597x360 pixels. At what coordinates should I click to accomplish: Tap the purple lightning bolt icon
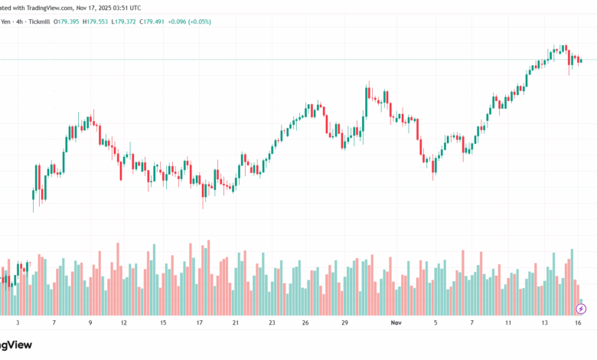click(581, 309)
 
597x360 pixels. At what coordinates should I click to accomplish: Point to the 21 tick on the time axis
click(235, 323)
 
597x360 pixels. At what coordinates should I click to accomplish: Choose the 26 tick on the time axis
click(305, 323)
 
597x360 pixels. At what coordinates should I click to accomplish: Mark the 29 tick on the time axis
click(345, 323)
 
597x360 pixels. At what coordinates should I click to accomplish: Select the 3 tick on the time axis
click(18, 323)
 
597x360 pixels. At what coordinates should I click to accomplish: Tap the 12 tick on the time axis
click(123, 323)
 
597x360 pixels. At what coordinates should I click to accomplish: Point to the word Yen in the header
click(7, 21)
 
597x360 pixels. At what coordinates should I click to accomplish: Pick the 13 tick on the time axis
click(545, 323)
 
